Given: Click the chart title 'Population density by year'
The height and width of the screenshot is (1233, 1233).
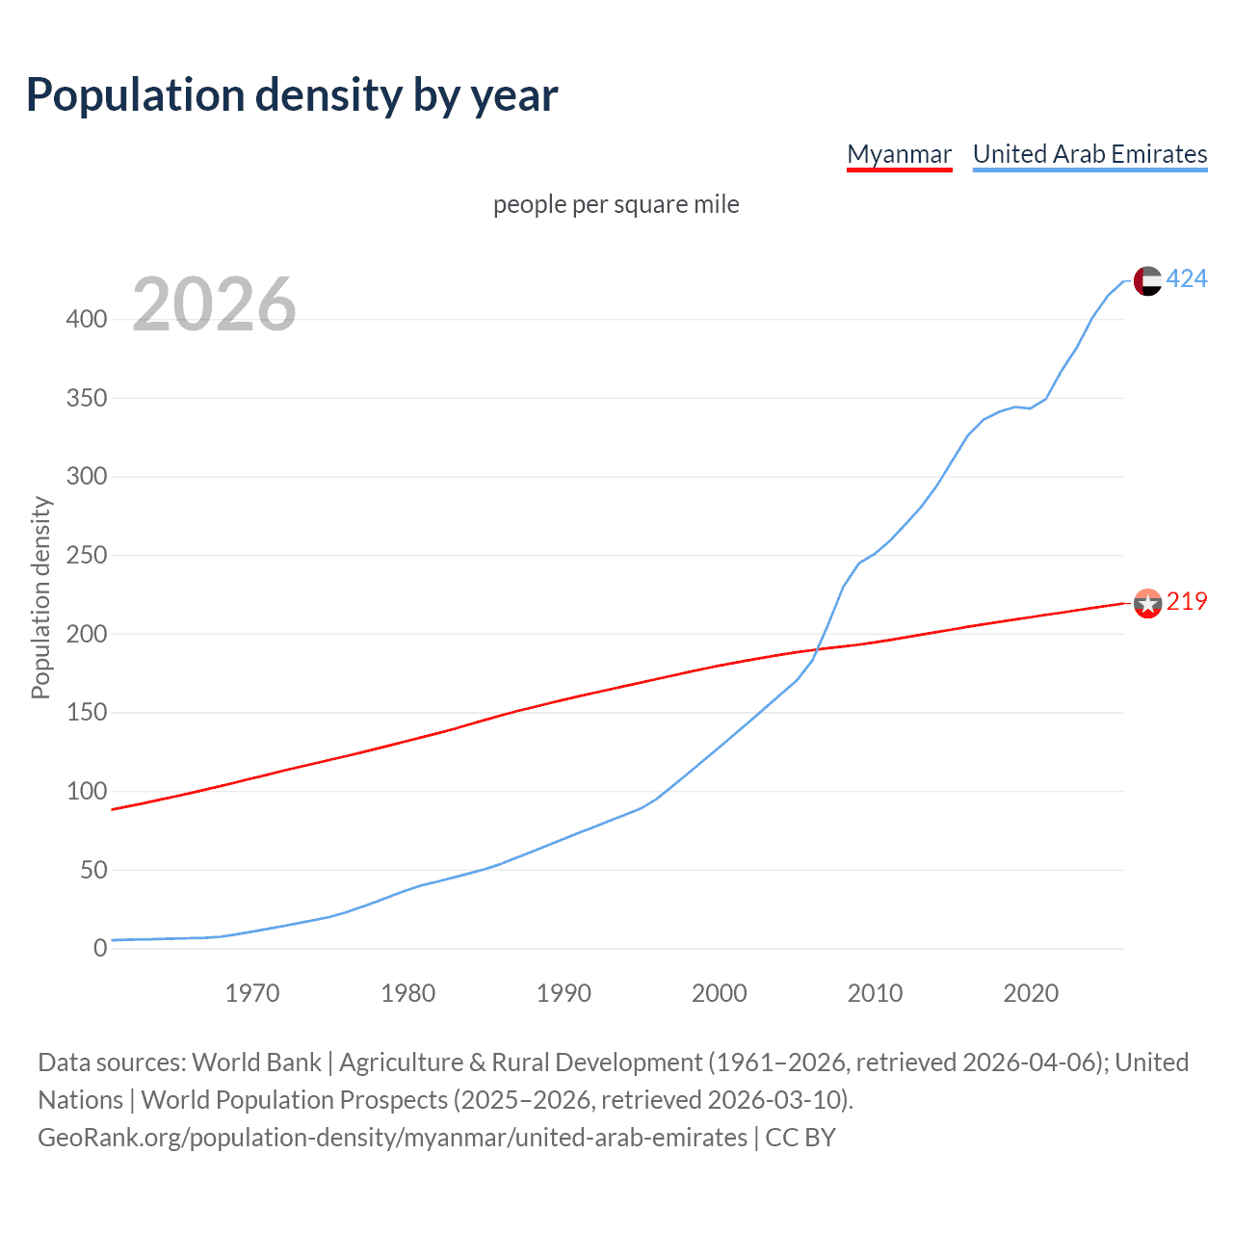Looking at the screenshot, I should tap(292, 95).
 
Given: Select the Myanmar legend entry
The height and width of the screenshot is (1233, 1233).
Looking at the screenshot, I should tap(899, 154).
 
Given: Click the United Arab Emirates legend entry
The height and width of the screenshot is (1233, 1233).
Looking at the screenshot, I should tap(1089, 154).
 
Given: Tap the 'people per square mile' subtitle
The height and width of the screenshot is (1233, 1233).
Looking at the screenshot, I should tap(616, 204).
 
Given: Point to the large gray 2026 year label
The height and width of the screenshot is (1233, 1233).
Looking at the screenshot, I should tap(214, 304).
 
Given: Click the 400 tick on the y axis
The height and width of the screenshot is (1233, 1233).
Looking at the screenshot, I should tap(86, 319).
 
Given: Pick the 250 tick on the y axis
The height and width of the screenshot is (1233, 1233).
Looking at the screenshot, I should tap(86, 555).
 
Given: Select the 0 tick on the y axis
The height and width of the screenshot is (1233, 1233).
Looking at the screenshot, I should tap(100, 948).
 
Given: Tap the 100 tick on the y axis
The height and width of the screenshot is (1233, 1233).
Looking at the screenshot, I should tap(86, 791).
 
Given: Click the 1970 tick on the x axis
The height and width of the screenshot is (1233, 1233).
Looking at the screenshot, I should tap(252, 993).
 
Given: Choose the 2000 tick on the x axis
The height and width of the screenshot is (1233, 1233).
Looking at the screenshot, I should tap(720, 993).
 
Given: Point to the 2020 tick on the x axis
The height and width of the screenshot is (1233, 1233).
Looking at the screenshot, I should tap(1031, 993).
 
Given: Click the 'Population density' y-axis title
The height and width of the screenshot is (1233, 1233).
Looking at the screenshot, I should tap(40, 597).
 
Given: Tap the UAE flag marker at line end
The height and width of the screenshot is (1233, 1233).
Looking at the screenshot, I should tap(1147, 280).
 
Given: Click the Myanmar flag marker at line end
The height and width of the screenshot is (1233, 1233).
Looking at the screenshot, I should tap(1147, 603).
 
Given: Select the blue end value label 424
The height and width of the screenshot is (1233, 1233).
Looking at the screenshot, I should tap(1187, 279).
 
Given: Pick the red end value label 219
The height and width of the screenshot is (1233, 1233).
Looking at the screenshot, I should tap(1187, 602).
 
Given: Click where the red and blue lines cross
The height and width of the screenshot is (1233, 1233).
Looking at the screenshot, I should tap(819, 649).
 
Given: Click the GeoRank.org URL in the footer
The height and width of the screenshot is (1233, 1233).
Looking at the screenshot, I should tap(392, 1138).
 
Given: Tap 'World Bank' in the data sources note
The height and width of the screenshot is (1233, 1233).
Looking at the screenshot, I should tap(256, 1062).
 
